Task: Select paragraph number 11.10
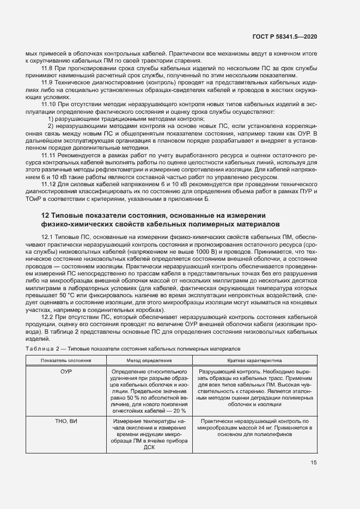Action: pyautogui.click(x=50, y=103)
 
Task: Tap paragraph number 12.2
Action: pyautogui.click(x=48, y=316)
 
